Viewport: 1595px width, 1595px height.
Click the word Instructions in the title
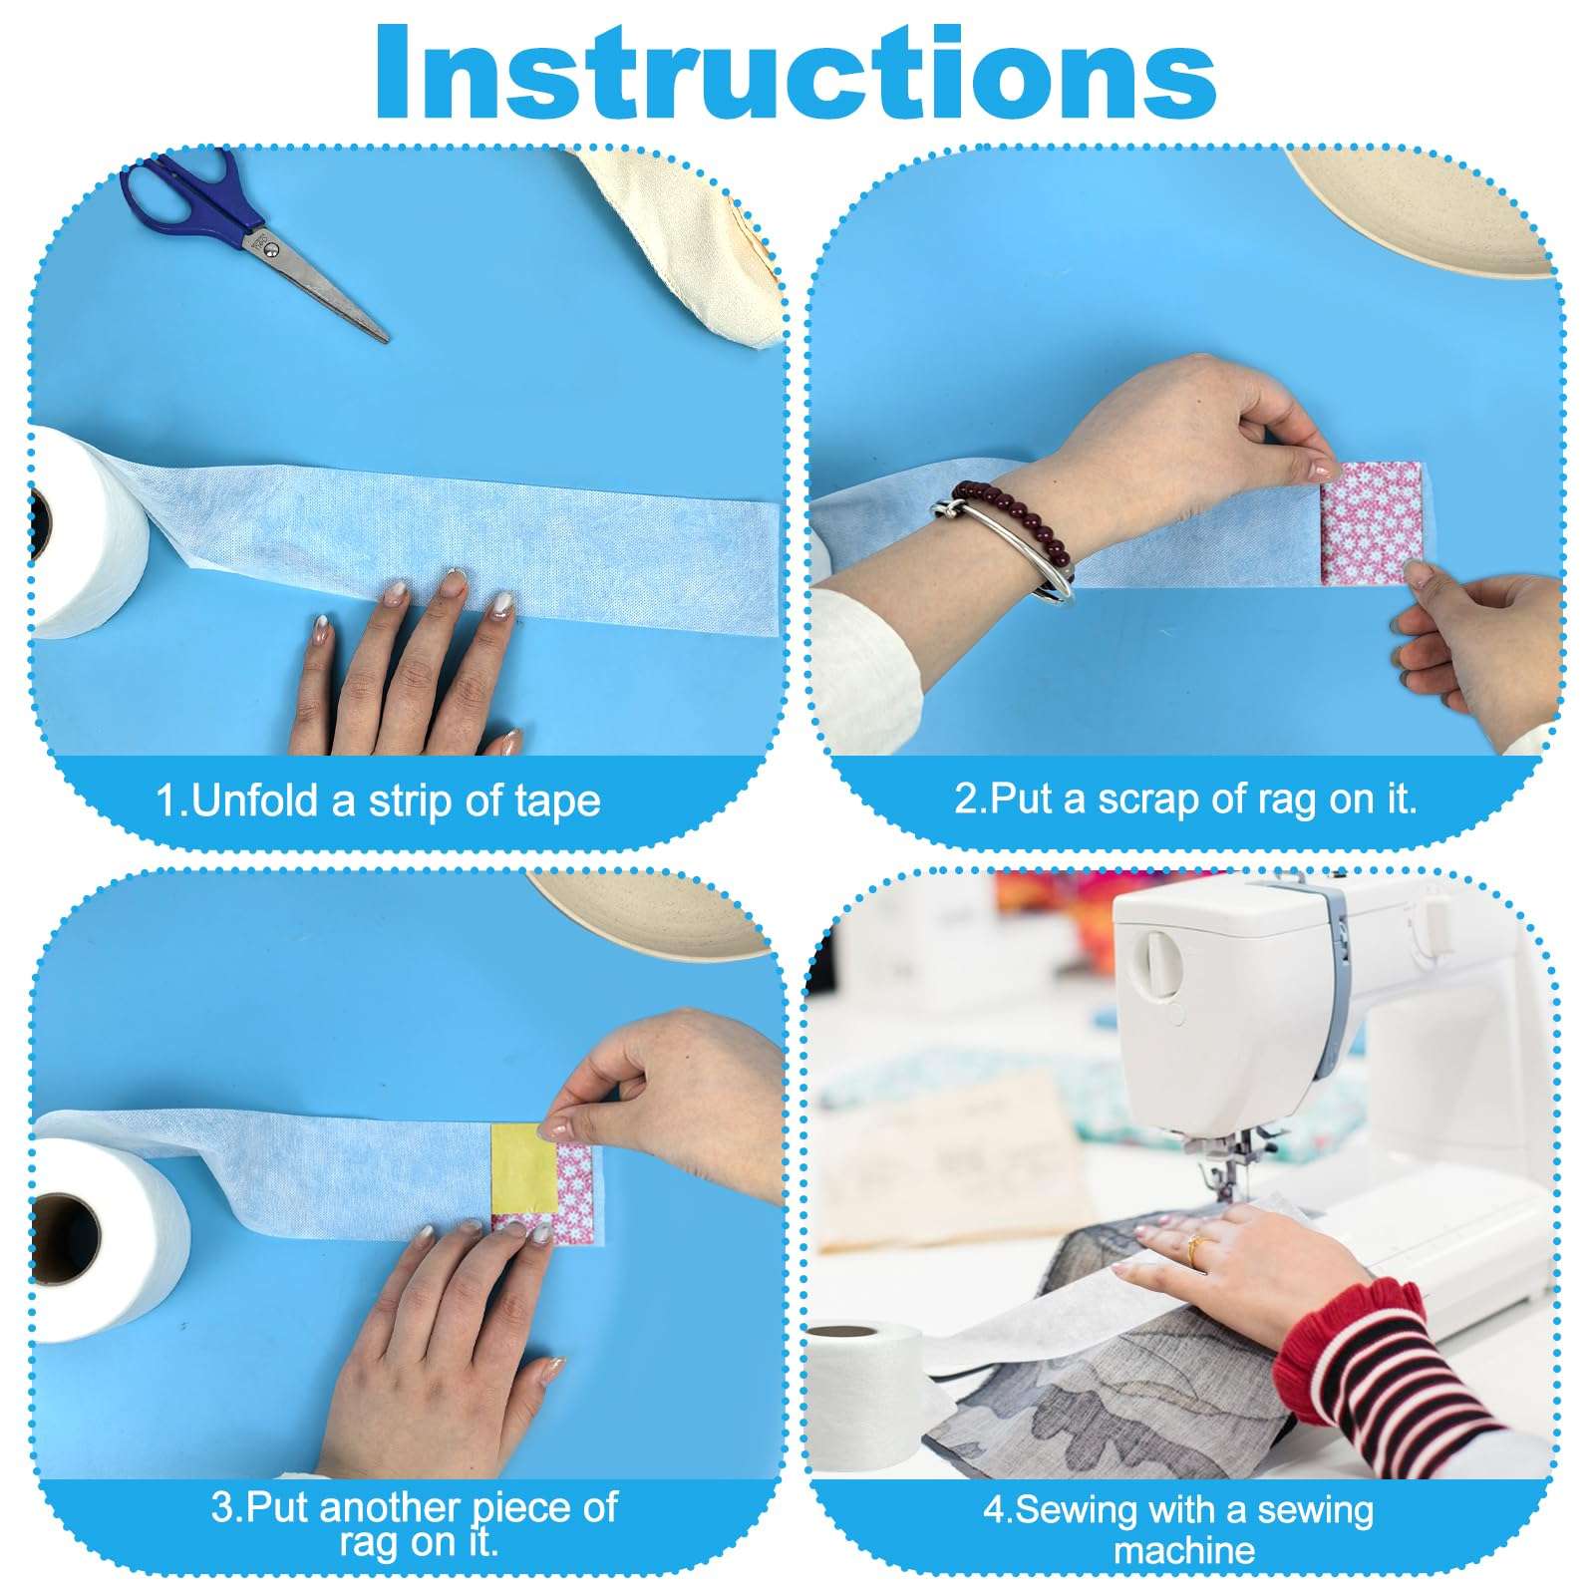pos(796,72)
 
